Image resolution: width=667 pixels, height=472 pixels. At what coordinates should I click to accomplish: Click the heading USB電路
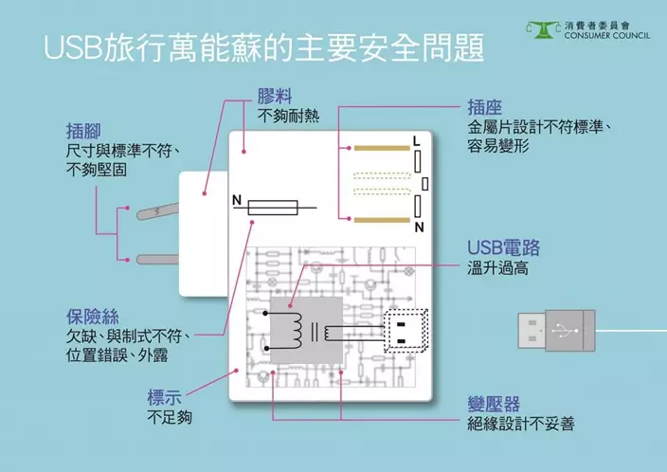[x=503, y=248]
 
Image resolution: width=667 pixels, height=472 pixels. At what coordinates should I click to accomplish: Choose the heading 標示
[x=165, y=396]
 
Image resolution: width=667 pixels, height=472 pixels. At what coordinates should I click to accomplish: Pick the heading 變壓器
[x=494, y=403]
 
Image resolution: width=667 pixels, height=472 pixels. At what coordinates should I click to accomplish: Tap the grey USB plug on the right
[x=557, y=331]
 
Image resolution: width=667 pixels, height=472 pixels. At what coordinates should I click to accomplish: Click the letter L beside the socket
[x=416, y=141]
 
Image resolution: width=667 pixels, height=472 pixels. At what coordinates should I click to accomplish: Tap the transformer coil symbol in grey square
[x=305, y=331]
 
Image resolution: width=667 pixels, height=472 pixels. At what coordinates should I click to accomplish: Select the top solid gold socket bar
[x=379, y=148]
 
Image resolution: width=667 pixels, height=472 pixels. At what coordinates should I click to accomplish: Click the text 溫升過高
[x=497, y=270]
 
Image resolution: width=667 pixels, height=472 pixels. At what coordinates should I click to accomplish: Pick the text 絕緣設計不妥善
[x=520, y=424]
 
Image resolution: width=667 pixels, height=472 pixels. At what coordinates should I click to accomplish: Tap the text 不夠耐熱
[x=289, y=117]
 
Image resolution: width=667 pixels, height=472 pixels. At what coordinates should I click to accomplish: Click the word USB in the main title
[x=78, y=49]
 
